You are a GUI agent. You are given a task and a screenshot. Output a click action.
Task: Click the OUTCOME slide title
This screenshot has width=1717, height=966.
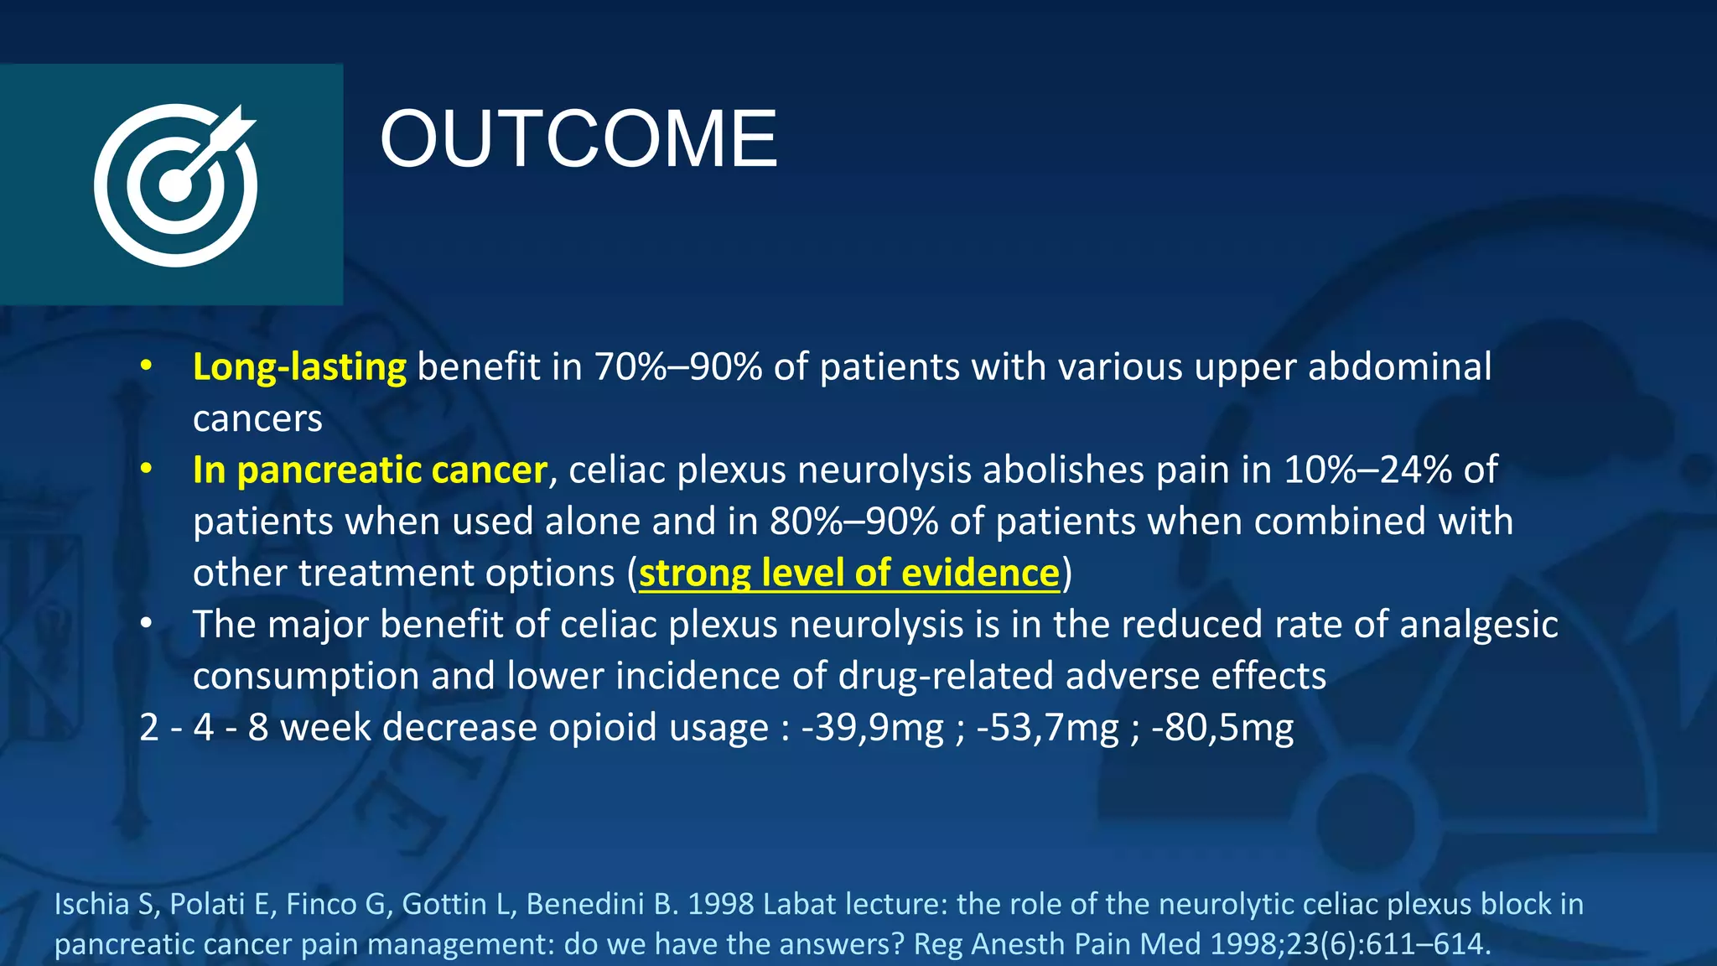point(578,139)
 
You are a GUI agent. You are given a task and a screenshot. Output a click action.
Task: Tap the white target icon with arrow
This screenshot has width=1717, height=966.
point(175,184)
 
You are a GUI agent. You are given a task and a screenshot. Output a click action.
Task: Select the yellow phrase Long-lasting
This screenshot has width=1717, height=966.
point(299,367)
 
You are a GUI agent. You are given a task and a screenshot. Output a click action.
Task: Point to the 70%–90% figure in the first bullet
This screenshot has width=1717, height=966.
point(678,367)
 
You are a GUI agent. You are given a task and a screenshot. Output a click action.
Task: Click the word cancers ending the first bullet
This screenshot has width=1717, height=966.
point(257,418)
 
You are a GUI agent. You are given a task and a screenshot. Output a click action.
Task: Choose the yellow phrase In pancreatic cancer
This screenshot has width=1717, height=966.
point(370,470)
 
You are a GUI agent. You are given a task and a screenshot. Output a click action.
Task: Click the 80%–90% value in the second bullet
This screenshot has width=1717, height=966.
point(853,522)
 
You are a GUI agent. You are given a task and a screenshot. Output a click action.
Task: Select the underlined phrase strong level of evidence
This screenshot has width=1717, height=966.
point(848,573)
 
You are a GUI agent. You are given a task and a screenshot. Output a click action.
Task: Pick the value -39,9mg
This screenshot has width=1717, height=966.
point(872,727)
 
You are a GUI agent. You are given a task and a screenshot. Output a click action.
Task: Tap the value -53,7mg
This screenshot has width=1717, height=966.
point(1047,727)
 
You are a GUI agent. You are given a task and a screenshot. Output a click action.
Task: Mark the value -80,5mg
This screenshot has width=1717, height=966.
point(1222,727)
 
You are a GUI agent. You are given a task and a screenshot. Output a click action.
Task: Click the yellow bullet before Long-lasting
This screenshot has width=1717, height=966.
point(147,366)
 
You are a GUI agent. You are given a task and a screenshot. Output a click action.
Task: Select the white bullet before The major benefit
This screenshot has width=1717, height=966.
point(147,623)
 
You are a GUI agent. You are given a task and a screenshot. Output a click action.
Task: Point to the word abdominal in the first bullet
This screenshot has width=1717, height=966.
point(1399,367)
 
